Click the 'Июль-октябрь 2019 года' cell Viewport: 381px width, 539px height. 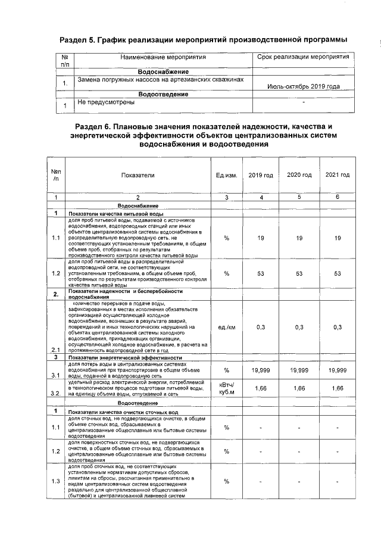point(304,86)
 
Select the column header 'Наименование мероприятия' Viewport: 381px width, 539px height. point(163,58)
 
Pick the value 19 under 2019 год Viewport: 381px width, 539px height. point(260,238)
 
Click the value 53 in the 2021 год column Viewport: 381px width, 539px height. point(337,273)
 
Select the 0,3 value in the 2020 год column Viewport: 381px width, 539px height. point(299,328)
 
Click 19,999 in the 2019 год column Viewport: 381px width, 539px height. point(260,370)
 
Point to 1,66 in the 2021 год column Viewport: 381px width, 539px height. point(337,388)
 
